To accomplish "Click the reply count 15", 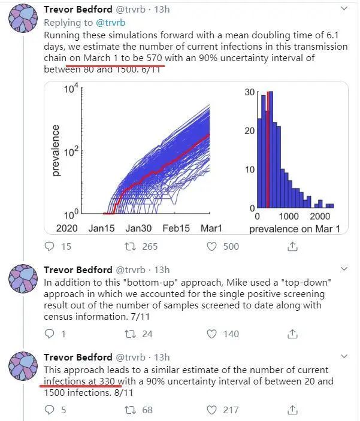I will (x=66, y=246).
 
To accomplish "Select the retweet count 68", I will (x=147, y=410).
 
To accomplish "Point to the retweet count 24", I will (x=147, y=334).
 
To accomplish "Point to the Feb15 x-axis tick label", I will (x=176, y=228).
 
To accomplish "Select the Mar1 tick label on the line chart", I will (x=210, y=228).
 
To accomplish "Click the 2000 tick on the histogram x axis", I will (x=321, y=217).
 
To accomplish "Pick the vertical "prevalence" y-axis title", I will (x=56, y=150).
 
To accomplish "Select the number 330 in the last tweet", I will (x=108, y=381).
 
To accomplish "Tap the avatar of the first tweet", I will (x=24, y=18).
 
